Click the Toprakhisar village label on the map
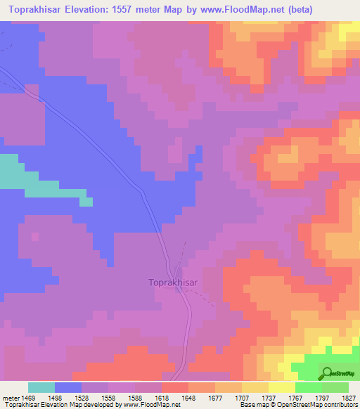point(176,283)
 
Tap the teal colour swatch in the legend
point(41,387)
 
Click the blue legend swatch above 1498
point(68,387)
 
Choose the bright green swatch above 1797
point(308,387)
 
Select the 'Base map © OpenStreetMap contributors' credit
point(299,405)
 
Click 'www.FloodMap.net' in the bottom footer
point(148,405)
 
